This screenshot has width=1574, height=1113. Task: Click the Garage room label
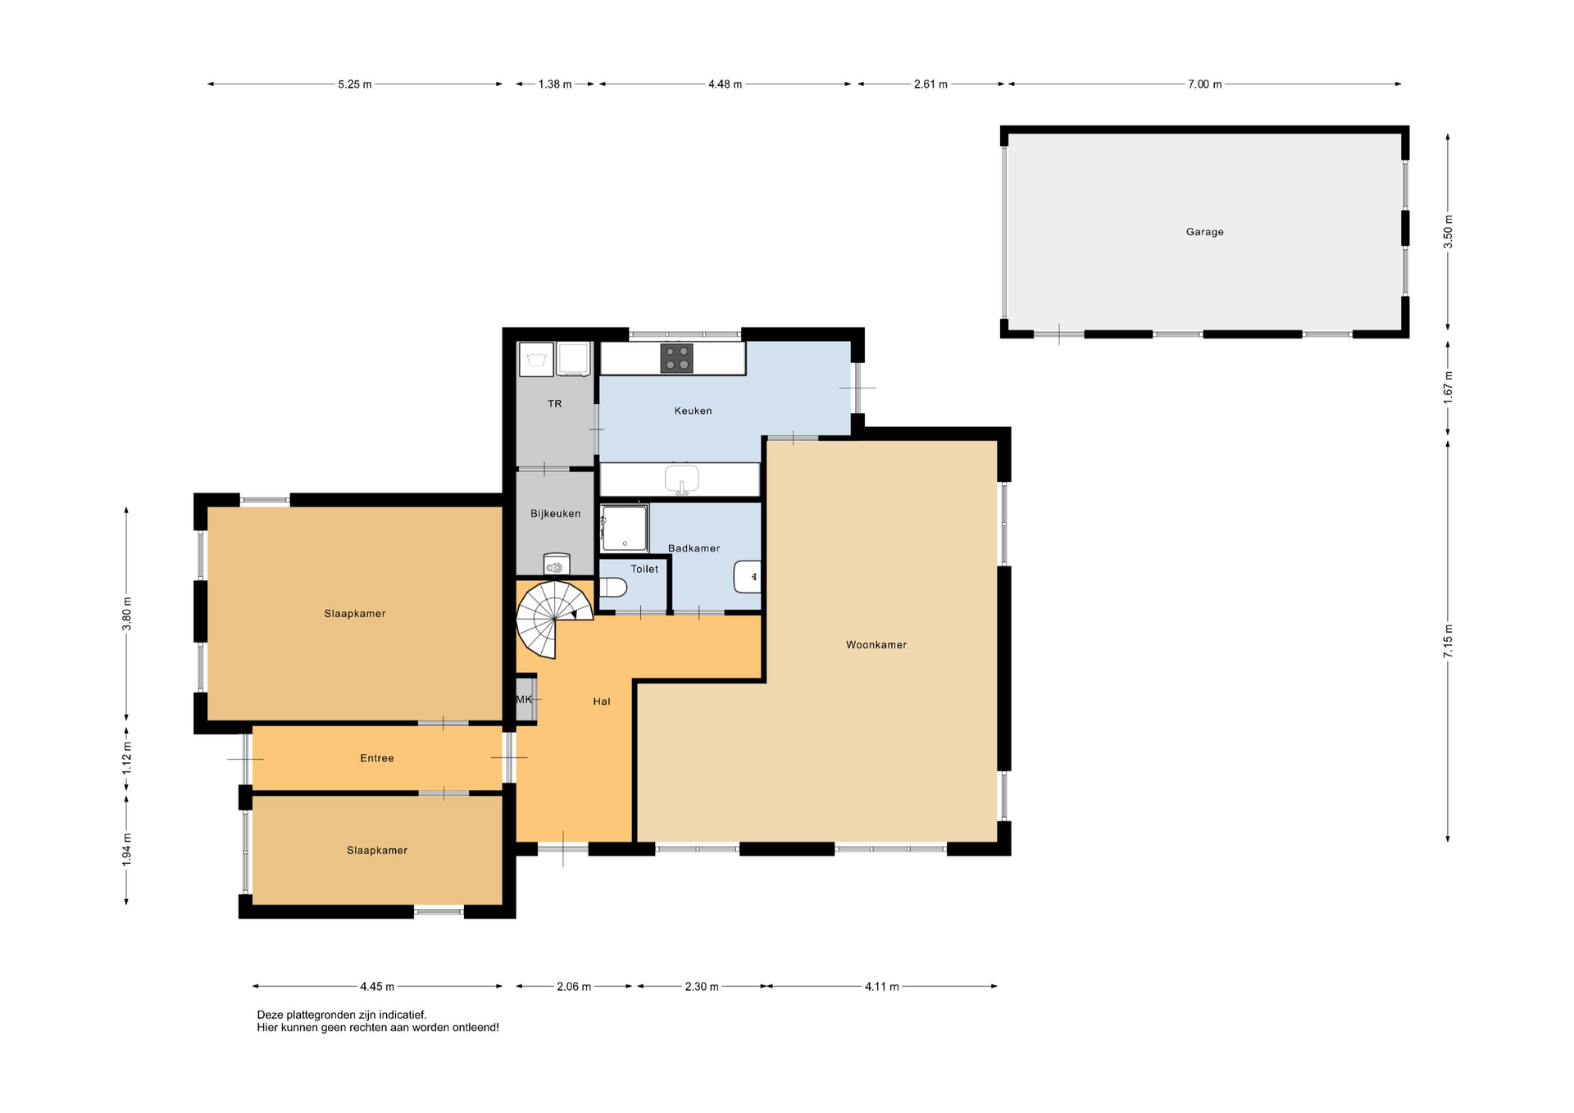(x=1204, y=232)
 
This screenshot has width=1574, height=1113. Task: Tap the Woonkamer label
(x=876, y=645)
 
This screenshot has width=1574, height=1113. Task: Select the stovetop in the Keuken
(x=677, y=358)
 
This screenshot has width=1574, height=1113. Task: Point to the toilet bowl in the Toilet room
(x=613, y=588)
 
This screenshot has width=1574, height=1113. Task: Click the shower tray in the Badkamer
(x=624, y=528)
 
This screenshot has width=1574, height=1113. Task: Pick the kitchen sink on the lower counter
(x=681, y=479)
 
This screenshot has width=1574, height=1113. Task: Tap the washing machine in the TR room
(x=536, y=360)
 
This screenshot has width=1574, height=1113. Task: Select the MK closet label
(x=524, y=699)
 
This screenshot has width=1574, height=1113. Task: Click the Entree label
(x=377, y=758)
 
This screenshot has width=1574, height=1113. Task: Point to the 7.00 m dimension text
(x=1204, y=84)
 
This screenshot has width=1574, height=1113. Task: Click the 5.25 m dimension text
(x=354, y=84)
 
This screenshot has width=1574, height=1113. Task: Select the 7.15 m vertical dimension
(x=1448, y=641)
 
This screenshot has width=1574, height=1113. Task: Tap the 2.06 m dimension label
(x=574, y=987)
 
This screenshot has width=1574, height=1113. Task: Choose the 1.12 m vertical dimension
(x=126, y=759)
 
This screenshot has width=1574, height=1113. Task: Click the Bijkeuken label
(x=555, y=514)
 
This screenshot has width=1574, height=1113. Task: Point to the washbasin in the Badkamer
(x=747, y=577)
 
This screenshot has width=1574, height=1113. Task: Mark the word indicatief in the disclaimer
(x=402, y=1015)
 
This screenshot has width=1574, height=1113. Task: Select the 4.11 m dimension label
(x=881, y=987)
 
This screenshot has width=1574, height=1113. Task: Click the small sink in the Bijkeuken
(x=557, y=564)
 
